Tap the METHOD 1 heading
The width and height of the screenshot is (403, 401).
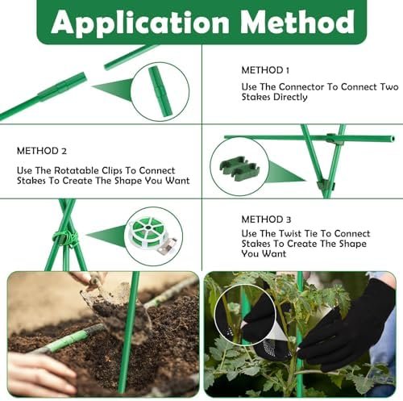click(x=265, y=70)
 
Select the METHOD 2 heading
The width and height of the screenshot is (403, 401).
click(x=42, y=151)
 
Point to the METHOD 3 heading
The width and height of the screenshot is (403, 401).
click(x=266, y=219)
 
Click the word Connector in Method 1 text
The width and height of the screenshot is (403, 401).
click(x=301, y=87)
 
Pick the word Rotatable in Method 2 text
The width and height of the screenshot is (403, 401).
click(x=77, y=170)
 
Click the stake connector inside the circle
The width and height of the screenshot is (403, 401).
click(x=160, y=92)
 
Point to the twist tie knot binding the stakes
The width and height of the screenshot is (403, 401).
click(x=66, y=238)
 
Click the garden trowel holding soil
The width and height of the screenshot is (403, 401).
click(x=113, y=301)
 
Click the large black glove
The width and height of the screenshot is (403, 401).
click(x=349, y=328)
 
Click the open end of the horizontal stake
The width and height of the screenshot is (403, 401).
click(x=393, y=139)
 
